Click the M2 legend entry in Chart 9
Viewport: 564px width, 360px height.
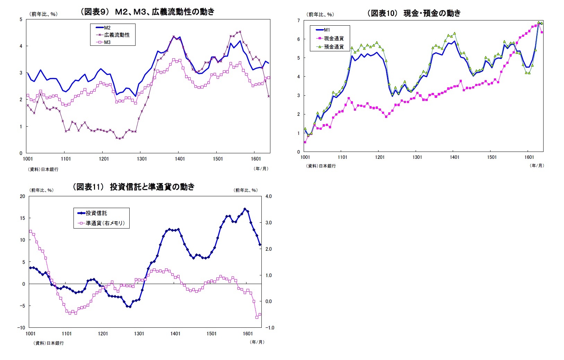107,27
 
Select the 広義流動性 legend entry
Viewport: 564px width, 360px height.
116,35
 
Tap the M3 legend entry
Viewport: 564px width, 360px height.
107,42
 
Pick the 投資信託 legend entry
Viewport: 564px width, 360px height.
96,213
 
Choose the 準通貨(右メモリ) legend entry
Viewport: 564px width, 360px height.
105,223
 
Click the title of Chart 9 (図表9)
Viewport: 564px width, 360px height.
147,12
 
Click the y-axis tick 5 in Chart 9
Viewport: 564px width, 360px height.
21,19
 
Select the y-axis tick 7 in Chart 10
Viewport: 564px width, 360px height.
298,21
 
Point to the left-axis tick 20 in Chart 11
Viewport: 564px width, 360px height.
23,196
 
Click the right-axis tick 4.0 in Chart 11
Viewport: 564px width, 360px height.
269,196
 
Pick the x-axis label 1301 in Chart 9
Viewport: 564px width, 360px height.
142,159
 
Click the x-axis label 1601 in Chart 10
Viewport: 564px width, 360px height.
529,157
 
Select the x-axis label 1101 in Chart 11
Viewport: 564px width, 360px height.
67,334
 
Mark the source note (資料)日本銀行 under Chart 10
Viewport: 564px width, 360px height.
321,166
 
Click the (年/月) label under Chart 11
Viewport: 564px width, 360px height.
257,342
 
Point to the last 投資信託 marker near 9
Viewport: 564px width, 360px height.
260,245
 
